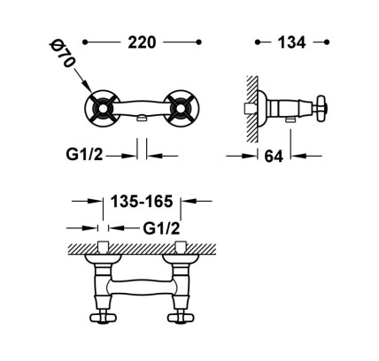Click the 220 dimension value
(x=142, y=42)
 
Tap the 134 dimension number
(x=291, y=42)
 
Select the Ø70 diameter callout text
(x=62, y=54)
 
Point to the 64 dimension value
(x=274, y=157)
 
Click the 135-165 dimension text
(x=142, y=202)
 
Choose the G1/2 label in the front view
(x=84, y=154)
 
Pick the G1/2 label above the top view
(x=161, y=228)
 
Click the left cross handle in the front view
(x=102, y=109)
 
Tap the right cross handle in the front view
(x=182, y=109)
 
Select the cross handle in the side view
(x=322, y=109)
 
